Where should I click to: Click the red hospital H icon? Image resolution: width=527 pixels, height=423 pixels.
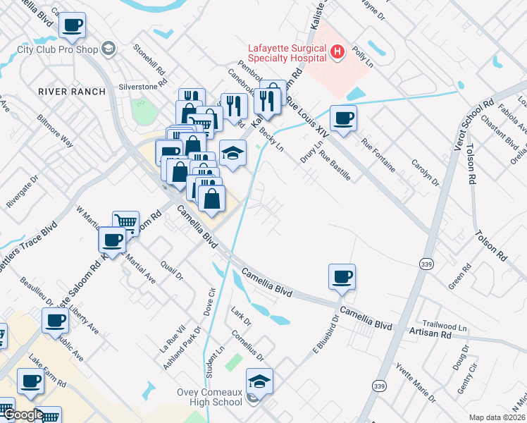pos(338,51)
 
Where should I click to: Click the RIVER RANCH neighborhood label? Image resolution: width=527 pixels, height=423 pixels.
pos(72,92)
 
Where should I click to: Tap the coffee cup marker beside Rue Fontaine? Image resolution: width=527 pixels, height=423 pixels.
pos(343,118)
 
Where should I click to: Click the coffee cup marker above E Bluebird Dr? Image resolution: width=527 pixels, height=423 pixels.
pos(342,276)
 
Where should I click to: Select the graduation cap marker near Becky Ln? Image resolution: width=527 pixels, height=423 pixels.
pos(232,153)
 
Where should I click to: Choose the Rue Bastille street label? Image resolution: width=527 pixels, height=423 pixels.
pos(335,165)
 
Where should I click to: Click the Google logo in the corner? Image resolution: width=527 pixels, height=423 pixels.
pos(23,415)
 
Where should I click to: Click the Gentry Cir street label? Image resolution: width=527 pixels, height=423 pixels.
pos(467,378)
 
